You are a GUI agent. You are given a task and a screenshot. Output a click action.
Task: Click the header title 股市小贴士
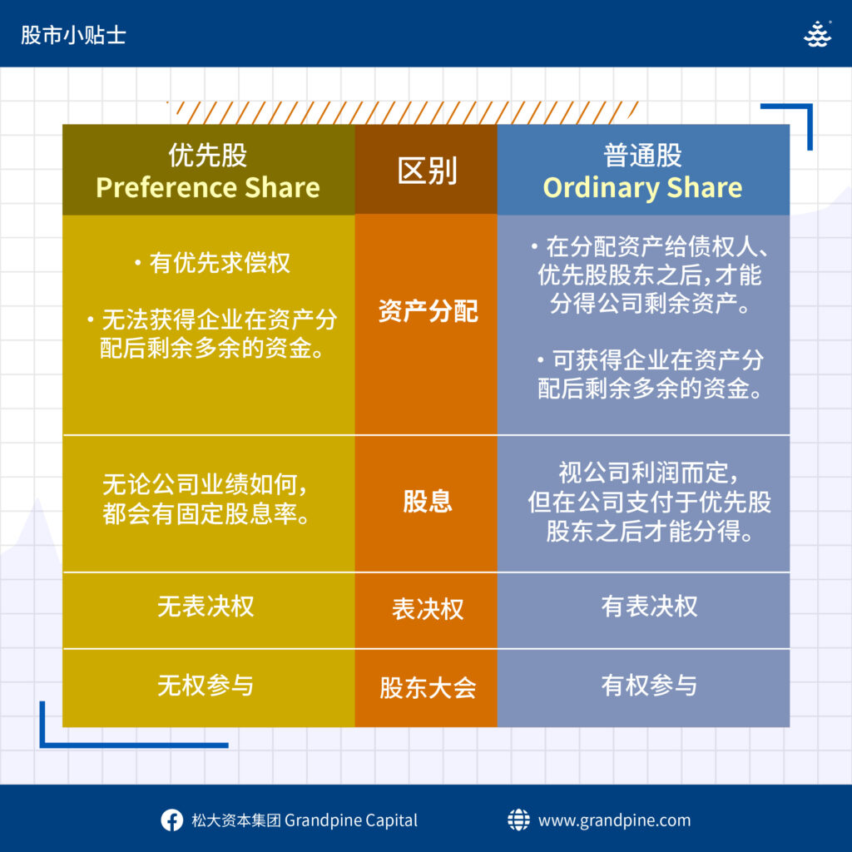point(73,35)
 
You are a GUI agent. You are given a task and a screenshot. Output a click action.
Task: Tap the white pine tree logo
point(817,34)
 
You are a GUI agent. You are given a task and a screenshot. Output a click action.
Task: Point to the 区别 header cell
point(427,170)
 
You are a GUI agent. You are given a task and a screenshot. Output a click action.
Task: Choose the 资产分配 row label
point(428,311)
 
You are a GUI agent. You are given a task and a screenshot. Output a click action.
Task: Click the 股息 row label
point(427,501)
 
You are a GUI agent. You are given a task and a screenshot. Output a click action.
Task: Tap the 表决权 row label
point(428,609)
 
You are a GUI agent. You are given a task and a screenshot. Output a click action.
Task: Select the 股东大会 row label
point(428,688)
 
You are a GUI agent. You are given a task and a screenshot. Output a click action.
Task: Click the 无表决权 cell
point(206,607)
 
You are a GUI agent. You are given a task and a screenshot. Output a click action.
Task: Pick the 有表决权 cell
point(649,607)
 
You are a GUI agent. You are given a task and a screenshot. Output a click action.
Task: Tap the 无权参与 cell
point(206,686)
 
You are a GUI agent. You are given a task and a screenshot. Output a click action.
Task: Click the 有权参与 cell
point(649,686)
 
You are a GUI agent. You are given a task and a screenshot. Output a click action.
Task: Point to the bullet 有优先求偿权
point(212,263)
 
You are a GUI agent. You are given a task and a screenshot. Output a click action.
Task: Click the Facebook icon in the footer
point(171,820)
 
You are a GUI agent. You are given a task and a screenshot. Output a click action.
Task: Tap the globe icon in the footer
point(518,820)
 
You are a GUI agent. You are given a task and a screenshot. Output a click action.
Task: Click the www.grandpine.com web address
point(615,820)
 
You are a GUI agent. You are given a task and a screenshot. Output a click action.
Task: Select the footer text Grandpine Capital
point(351,820)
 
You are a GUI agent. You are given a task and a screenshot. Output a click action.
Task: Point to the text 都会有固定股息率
point(206,513)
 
